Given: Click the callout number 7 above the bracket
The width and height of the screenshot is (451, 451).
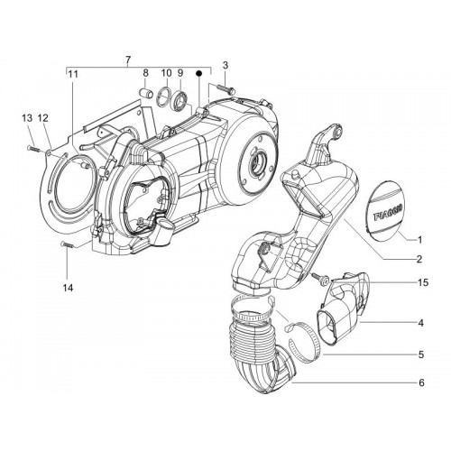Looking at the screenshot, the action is [128, 60].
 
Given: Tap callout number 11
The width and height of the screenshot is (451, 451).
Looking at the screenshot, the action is [73, 74].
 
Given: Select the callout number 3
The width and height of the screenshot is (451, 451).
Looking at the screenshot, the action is [225, 65].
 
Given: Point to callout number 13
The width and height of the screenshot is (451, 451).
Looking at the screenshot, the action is [27, 118].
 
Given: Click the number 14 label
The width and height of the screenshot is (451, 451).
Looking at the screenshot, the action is [68, 288].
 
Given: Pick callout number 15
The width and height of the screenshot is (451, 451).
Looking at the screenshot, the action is [423, 282].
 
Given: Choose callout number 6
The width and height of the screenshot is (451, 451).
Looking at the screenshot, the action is [421, 382].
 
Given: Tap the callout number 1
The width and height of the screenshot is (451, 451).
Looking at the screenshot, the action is [420, 240].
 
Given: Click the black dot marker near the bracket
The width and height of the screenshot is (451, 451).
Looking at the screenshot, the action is [198, 73].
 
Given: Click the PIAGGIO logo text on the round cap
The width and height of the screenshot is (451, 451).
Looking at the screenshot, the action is [388, 213].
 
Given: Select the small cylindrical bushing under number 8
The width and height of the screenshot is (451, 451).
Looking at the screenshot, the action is [146, 92].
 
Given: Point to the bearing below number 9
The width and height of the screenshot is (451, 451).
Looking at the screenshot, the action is [180, 98].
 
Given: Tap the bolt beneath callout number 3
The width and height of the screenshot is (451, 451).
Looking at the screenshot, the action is [225, 89].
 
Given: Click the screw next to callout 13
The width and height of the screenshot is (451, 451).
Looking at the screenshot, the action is [33, 148].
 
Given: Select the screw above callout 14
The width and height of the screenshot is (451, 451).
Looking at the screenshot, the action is [68, 244].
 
